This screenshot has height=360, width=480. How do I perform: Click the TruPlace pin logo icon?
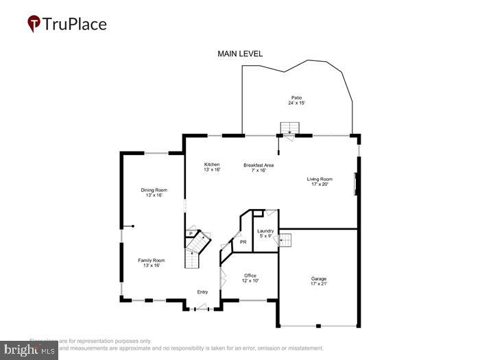click(x=34, y=24)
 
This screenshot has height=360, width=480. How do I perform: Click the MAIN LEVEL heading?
click(x=240, y=53)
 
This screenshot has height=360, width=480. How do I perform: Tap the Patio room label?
click(x=296, y=98)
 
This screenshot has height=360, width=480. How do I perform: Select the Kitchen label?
click(x=212, y=165)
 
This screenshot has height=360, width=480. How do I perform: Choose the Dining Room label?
click(x=154, y=190)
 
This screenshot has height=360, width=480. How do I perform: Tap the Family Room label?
click(x=152, y=261)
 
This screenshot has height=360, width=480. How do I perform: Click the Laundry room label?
click(x=265, y=231)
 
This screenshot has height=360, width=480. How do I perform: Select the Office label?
click(x=250, y=276)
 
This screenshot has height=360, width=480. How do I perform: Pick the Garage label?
click(x=319, y=278)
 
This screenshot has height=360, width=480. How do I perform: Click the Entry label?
click(x=202, y=292)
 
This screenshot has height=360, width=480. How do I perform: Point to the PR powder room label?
click(x=243, y=242)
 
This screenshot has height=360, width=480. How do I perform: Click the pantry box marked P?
click(x=191, y=234)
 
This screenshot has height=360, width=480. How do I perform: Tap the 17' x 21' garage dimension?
click(x=319, y=283)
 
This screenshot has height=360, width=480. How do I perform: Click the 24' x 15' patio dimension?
click(x=296, y=103)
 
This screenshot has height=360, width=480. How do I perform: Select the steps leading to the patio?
click(x=289, y=129)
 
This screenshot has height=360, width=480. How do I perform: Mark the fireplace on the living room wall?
click(x=355, y=184)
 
